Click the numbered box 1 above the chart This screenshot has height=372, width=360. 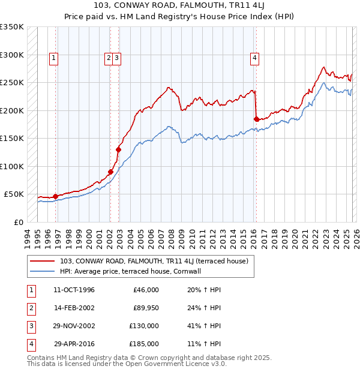pyautogui.click(x=54, y=58)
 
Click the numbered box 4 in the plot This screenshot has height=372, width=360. pyautogui.click(x=255, y=58)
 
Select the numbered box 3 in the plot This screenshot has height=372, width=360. pyautogui.click(x=117, y=58)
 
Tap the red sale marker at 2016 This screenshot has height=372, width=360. pyautogui.click(x=256, y=119)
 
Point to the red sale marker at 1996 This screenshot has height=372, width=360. pyautogui.click(x=55, y=196)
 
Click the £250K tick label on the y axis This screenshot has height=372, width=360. pyautogui.click(x=12, y=82)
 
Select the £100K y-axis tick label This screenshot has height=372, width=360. pyautogui.click(x=12, y=166)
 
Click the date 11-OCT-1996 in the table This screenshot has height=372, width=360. pyautogui.click(x=74, y=290)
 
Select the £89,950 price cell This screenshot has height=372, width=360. pyautogui.click(x=146, y=308)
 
